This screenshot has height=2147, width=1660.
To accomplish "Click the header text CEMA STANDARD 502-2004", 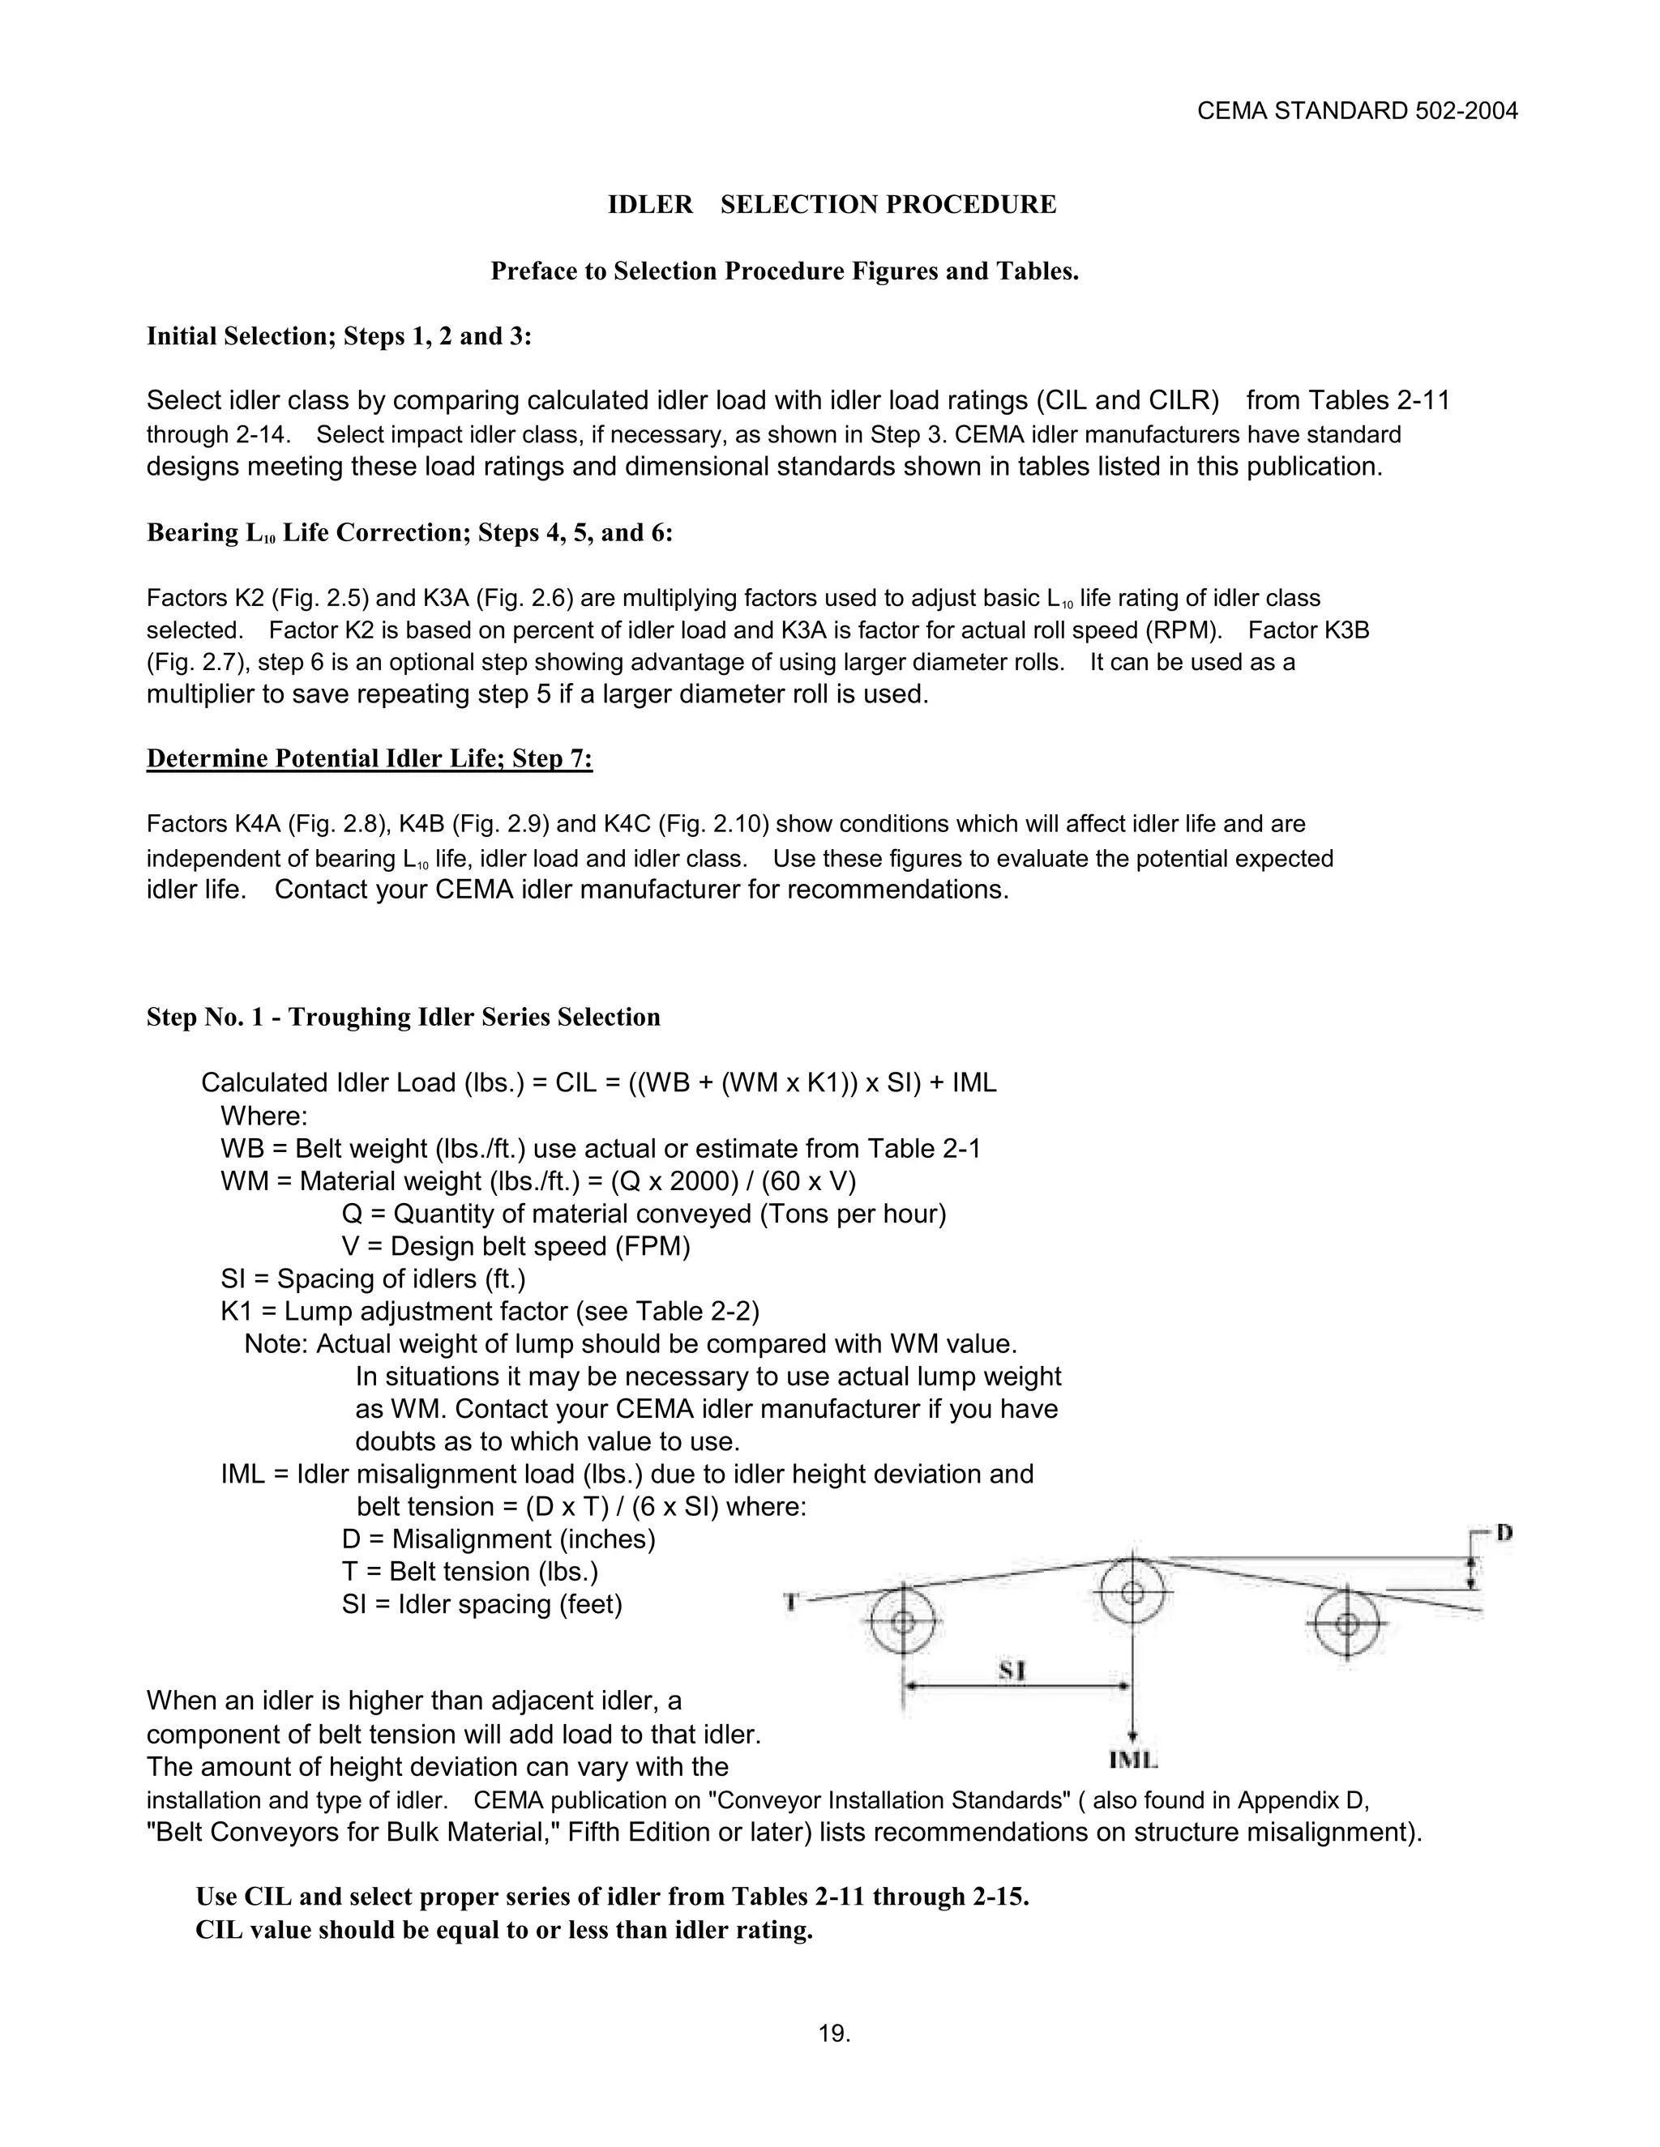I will pos(1357,111).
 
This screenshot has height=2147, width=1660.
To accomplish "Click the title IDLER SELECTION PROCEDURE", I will pos(832,204).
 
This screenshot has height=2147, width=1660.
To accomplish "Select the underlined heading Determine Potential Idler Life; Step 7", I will pos(369,759).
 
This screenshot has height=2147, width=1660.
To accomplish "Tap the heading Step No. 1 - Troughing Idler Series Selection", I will pos(403,1018).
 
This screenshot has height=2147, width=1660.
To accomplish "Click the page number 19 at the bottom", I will pos(834,2034).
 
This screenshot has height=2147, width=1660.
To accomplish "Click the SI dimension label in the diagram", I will pos(1013,1671).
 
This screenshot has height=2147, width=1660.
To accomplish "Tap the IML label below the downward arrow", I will pos(1133,1760).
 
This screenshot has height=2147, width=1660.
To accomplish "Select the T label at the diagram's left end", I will pos(789,1603).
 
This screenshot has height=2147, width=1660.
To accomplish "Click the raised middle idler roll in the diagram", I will pos(1132,1591).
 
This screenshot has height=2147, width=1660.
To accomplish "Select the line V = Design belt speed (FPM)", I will pos(516,1247).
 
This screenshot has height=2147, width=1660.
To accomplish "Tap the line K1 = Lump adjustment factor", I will pos(490,1312).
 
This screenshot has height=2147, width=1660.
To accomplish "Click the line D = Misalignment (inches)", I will pos(498,1539).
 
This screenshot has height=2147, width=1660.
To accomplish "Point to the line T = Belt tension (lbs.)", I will pos(470,1571).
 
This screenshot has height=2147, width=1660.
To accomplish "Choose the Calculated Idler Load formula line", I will pos(598,1083).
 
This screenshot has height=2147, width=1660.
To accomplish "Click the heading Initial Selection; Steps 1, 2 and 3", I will pos(340,336).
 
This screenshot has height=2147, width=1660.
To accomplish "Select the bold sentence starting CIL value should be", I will pos(503,1930).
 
